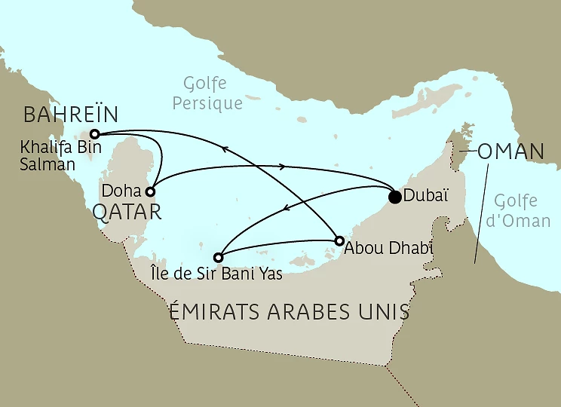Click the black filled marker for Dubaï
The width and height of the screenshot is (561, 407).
[394, 197]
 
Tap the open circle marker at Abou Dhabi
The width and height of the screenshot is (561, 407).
[339, 241]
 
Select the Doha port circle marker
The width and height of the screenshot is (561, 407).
[151, 191]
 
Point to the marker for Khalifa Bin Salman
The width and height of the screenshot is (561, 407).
[95, 133]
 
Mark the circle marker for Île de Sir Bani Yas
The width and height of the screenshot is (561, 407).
[219, 256]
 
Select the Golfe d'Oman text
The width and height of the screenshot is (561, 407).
[517, 212]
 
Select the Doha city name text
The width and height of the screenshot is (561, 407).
[124, 191]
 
